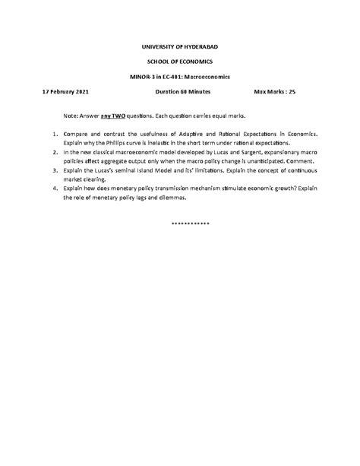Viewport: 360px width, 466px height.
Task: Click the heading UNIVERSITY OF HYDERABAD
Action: [180, 47]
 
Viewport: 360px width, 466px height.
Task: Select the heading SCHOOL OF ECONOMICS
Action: [180, 62]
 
